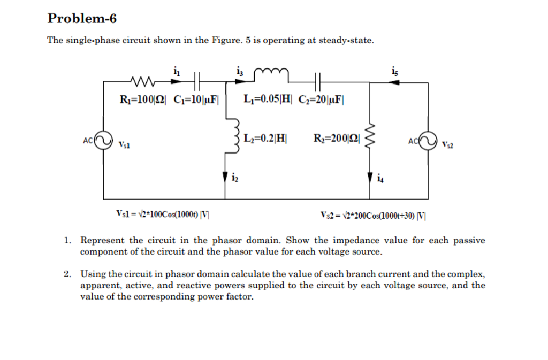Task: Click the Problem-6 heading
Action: point(82,19)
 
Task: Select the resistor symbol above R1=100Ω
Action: point(143,82)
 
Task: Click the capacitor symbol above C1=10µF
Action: point(196,81)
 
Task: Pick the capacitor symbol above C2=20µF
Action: point(317,81)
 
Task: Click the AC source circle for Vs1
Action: point(104,142)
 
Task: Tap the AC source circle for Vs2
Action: point(428,142)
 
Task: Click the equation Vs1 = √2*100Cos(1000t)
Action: point(163,216)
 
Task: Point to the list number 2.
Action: point(67,274)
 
